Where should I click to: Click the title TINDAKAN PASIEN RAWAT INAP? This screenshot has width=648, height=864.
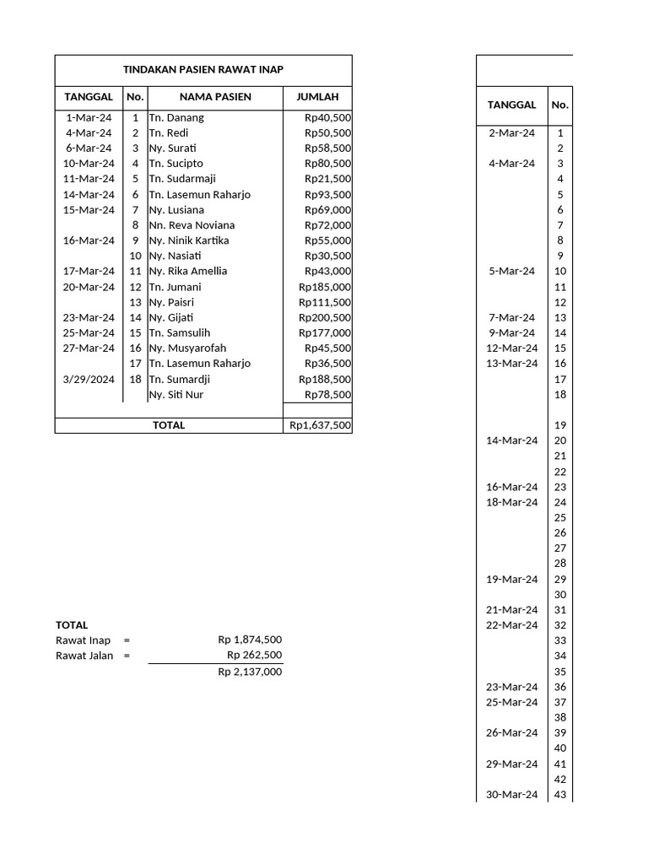click(x=202, y=71)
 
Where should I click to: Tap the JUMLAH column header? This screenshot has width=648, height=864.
click(x=317, y=97)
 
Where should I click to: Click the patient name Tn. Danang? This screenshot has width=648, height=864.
click(x=176, y=118)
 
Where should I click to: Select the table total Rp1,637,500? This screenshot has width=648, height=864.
click(x=320, y=425)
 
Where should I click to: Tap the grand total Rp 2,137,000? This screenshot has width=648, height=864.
click(x=250, y=672)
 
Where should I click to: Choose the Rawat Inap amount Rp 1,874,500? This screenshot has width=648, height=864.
click(x=250, y=640)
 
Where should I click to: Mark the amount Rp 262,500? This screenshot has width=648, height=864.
click(x=254, y=656)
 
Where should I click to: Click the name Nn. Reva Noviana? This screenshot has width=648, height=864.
click(x=192, y=225)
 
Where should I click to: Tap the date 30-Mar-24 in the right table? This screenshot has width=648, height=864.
click(x=511, y=795)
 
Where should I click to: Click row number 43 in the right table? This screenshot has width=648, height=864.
click(x=560, y=795)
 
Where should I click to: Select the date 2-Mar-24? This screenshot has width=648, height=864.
click(x=511, y=133)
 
